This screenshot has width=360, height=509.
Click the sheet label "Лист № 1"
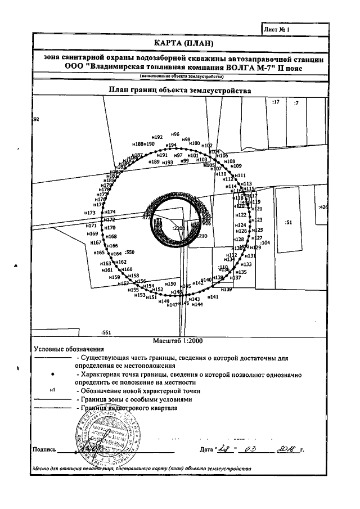coord(276,28)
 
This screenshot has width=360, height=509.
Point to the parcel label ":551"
coord(105,332)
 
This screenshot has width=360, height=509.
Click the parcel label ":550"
coord(130,253)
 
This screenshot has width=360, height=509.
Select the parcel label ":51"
coord(290,223)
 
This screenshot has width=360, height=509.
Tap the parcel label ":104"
coord(265,242)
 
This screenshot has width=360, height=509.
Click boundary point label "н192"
coord(157,137)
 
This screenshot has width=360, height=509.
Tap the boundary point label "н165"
coord(99,254)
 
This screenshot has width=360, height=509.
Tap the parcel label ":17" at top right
coord(276,102)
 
